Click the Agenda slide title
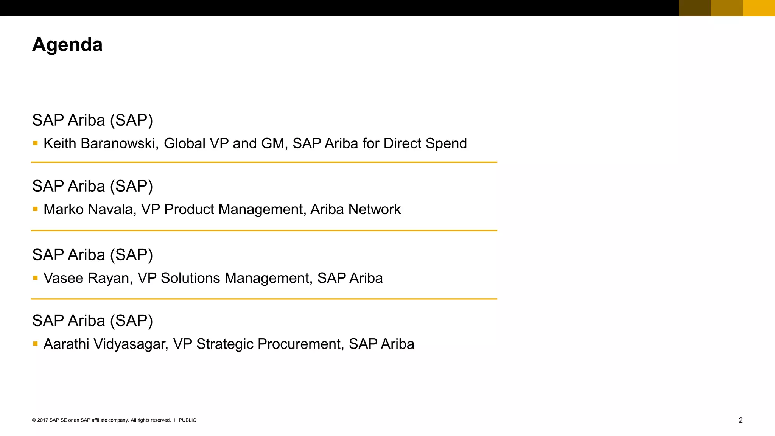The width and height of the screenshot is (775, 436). click(67, 45)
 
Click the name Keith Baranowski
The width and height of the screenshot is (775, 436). click(100, 143)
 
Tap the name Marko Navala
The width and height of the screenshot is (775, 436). click(90, 209)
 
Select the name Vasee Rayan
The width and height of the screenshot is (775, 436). click(88, 278)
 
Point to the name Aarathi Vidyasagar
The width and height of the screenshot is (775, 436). click(105, 344)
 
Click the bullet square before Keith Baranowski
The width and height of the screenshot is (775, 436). click(36, 143)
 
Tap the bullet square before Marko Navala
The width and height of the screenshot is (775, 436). click(36, 209)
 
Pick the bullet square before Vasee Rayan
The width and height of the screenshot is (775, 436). click(36, 278)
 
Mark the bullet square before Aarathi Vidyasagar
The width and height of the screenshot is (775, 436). click(36, 344)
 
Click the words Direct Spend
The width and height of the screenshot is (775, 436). click(425, 143)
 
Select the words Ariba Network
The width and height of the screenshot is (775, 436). click(355, 209)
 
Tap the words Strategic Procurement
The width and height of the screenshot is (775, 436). click(269, 344)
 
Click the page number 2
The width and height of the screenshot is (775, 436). click(741, 420)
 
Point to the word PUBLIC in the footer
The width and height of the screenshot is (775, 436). click(187, 420)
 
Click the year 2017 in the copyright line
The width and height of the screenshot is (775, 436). click(42, 420)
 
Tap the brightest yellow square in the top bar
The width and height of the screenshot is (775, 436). click(759, 8)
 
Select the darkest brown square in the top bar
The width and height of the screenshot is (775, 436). click(695, 8)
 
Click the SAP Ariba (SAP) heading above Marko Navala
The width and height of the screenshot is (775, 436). click(93, 186)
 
